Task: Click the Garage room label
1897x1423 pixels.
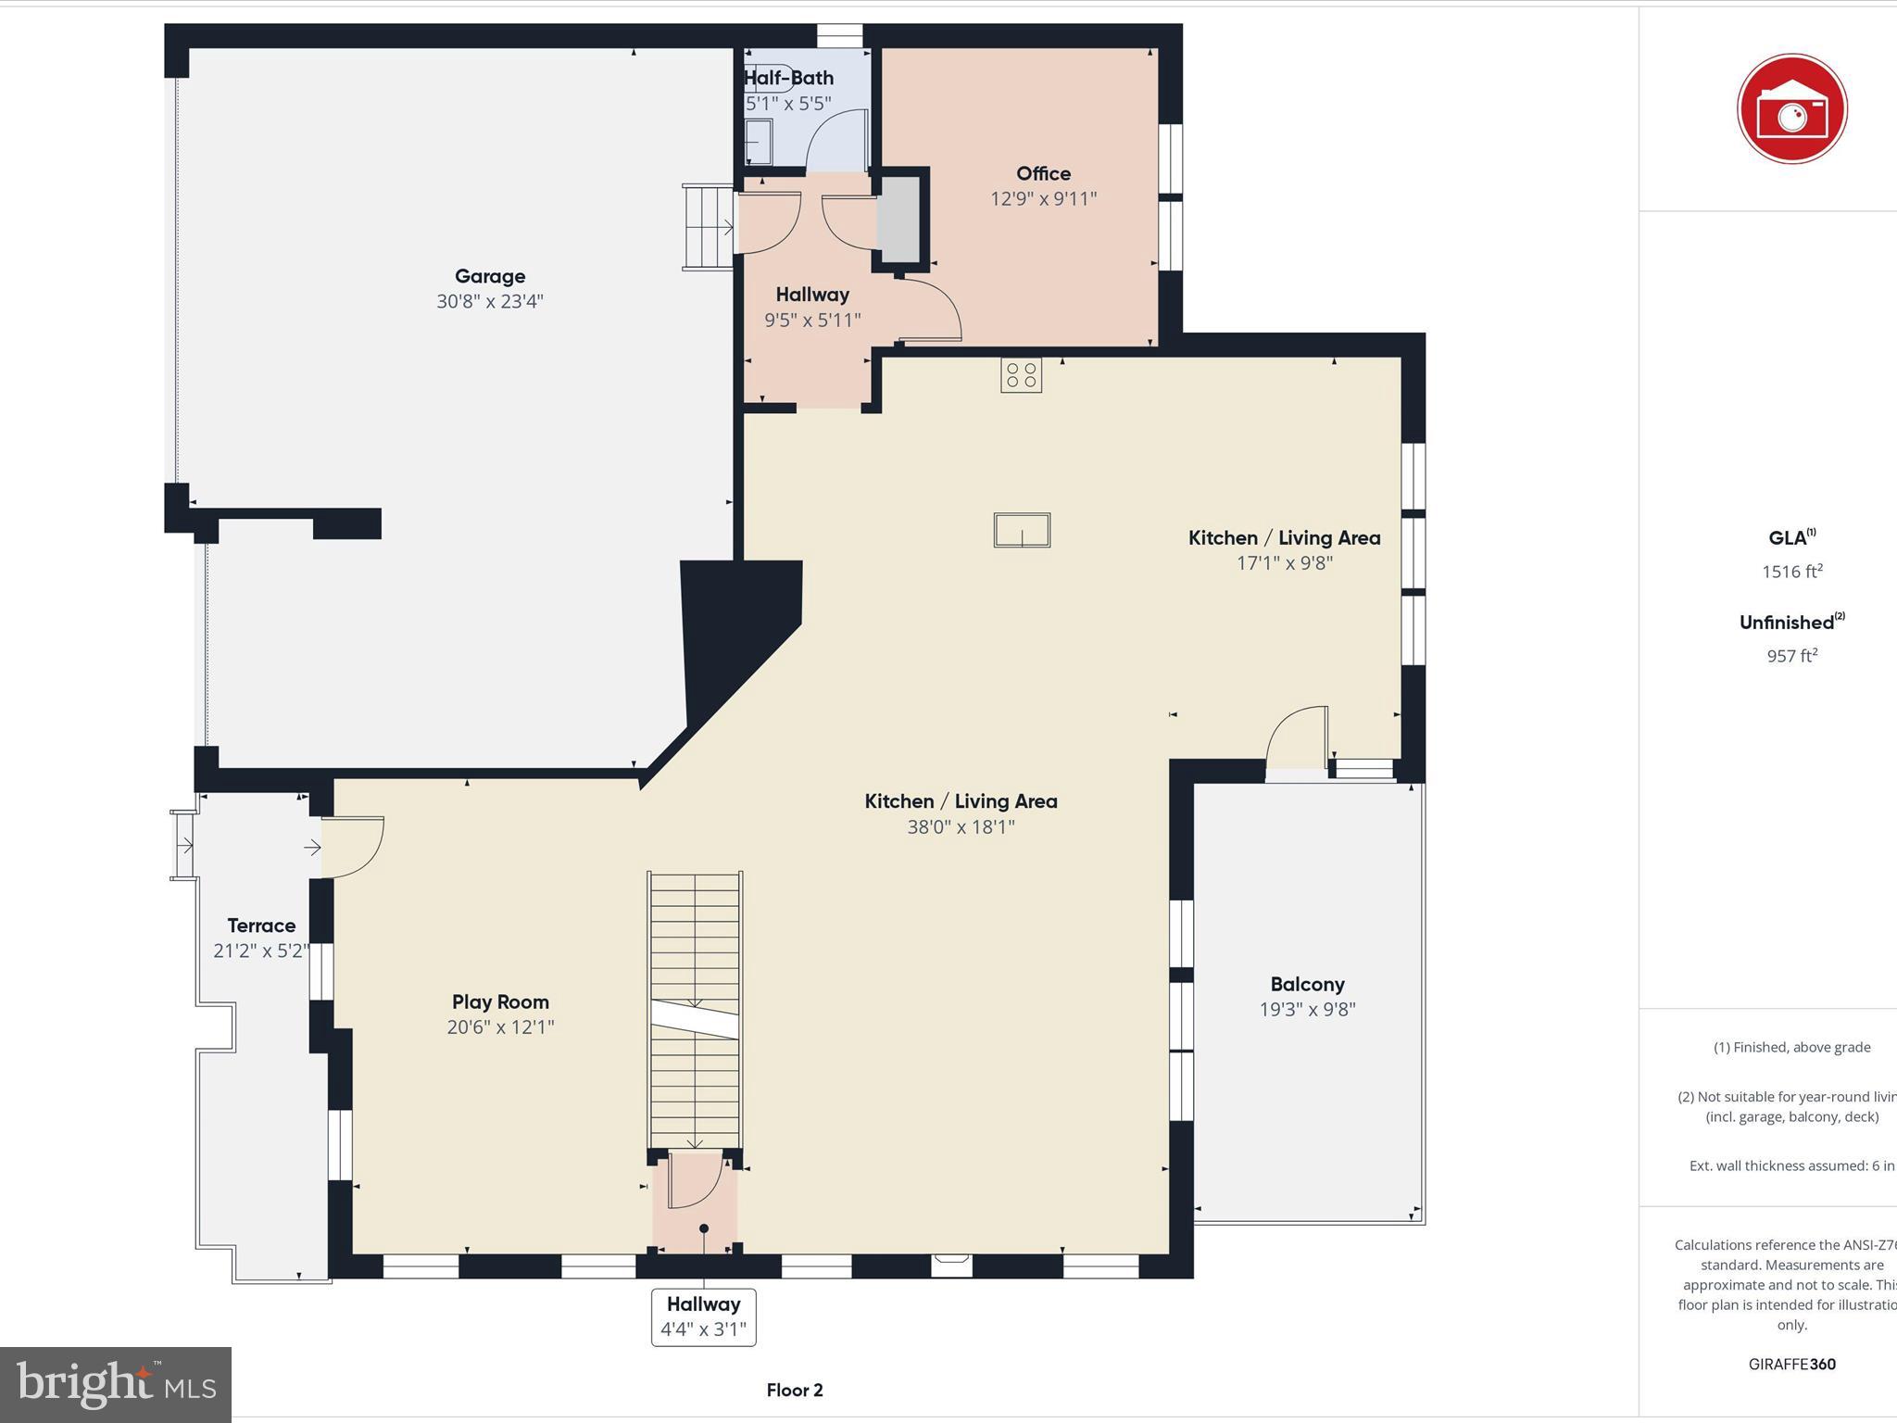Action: pos(489,276)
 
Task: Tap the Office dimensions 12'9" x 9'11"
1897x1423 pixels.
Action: pos(1043,198)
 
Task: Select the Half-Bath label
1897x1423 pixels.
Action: pos(789,78)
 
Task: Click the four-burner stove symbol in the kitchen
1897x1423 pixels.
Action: pos(1021,375)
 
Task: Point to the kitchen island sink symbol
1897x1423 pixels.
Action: pos(1022,531)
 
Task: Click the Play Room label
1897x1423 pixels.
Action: pos(500,1001)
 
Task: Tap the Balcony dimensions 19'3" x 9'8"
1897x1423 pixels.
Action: pos(1307,1009)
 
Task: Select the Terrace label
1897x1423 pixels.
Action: pos(261,926)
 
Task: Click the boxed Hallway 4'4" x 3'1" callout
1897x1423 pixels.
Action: pos(703,1316)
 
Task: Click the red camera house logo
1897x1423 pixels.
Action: pos(1791,109)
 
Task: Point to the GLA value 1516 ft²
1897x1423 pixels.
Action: pos(1791,572)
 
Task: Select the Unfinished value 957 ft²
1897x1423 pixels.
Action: pos(1791,656)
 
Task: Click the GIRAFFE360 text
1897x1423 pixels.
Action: pos(1791,1364)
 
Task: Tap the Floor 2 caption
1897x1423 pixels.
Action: pos(794,1390)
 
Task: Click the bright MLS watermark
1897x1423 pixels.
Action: pos(116,1384)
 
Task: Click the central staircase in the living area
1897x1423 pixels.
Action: pos(695,1010)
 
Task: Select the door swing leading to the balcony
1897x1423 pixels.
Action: pos(1297,737)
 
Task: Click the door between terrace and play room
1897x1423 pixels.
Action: pos(354,846)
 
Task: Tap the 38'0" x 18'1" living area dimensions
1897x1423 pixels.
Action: pos(961,826)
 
